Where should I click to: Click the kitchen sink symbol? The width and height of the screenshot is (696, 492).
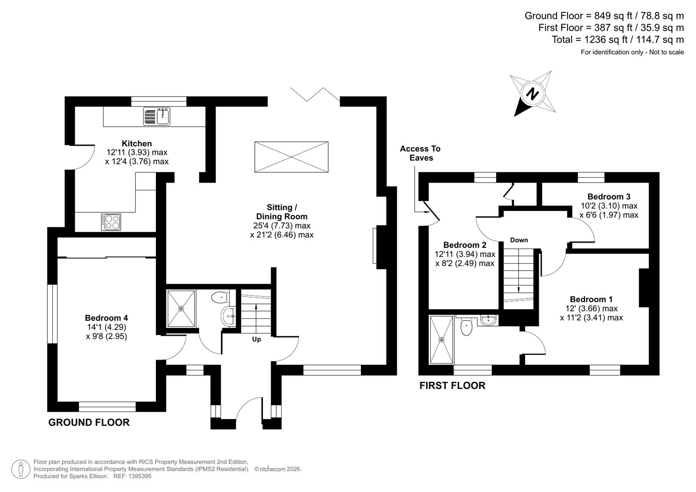click(156, 116)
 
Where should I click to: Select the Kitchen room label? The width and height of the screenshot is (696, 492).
click(136, 143)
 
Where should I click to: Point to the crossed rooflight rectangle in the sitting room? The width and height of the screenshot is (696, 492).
click(291, 157)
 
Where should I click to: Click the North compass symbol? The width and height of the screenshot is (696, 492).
click(532, 94)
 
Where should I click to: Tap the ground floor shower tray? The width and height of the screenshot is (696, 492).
click(181, 308)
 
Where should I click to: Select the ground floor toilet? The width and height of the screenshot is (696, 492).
click(219, 298)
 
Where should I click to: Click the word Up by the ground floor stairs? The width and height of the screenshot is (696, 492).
click(257, 339)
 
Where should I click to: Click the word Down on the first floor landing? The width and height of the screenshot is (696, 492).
click(519, 240)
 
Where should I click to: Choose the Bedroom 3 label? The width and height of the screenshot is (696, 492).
click(608, 197)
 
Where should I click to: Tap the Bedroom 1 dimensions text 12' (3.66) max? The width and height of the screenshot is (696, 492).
click(591, 308)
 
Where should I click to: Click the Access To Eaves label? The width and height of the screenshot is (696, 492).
click(420, 153)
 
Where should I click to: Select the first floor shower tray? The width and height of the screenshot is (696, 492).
click(441, 340)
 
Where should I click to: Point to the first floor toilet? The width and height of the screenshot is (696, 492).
click(466, 327)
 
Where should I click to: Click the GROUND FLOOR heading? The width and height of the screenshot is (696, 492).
click(89, 423)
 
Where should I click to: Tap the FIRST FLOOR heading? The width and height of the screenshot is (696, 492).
click(452, 386)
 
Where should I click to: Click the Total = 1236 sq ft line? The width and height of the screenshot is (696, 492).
click(618, 40)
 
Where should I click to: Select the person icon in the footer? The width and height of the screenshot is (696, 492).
click(21, 469)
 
